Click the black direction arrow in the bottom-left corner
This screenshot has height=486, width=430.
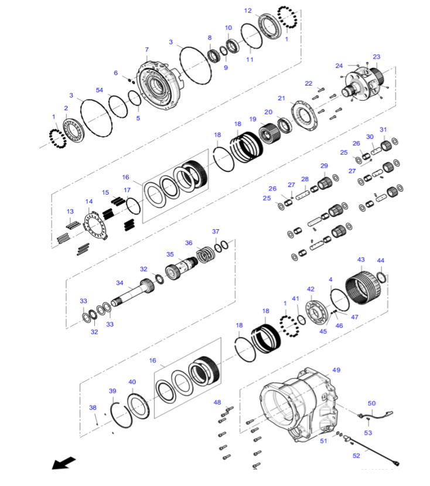(x=63, y=463)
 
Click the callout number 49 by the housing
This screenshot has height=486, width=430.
(x=336, y=370)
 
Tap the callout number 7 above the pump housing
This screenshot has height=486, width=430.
(x=146, y=50)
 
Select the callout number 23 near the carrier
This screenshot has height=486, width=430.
(x=377, y=57)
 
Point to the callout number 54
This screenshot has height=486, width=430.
(x=99, y=90)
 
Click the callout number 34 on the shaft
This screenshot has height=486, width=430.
(x=120, y=283)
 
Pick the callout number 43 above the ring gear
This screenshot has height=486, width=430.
(x=361, y=260)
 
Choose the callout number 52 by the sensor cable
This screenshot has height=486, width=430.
(x=356, y=456)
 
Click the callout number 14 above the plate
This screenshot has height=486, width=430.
(x=89, y=202)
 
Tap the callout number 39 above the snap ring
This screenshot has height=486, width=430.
(x=112, y=391)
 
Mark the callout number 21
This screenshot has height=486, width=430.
(x=281, y=98)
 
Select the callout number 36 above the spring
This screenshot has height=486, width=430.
(x=189, y=243)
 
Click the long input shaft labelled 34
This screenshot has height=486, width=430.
(x=133, y=293)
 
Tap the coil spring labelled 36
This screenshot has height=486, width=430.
(x=206, y=255)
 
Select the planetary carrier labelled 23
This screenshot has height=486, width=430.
(x=364, y=84)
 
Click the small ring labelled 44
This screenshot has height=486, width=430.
(x=382, y=277)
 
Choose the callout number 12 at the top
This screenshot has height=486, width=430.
(x=248, y=11)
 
